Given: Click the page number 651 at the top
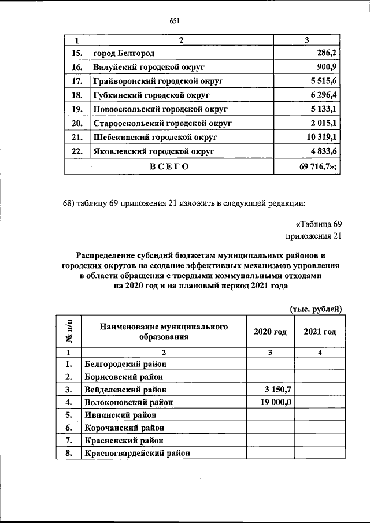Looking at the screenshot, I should click(x=175, y=21).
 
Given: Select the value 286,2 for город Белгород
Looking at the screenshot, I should click(x=325, y=54).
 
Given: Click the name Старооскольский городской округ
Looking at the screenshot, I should click(x=162, y=124).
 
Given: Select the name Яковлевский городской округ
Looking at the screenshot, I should click(x=153, y=151).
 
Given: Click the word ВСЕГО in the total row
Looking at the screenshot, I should click(x=170, y=166).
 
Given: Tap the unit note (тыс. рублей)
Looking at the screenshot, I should click(x=316, y=309).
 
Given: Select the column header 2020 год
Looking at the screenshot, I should click(x=270, y=332).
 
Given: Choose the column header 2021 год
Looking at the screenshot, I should click(x=320, y=332).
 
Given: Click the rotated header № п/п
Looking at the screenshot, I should click(x=68, y=332).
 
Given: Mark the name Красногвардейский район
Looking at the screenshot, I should click(x=137, y=454).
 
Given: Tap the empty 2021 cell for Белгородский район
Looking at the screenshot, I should click(x=320, y=364).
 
